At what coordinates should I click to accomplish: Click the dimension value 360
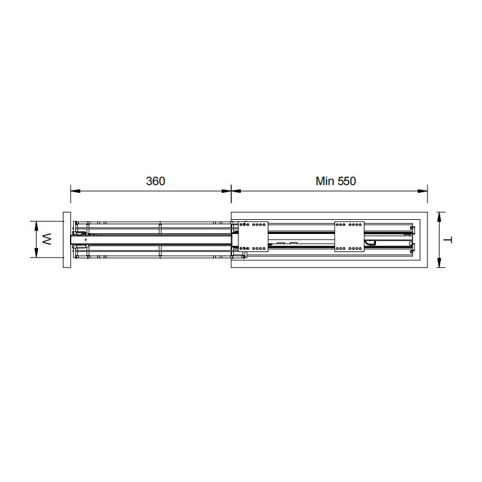156,181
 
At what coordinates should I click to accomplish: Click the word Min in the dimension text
325,181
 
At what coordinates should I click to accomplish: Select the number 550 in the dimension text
346,181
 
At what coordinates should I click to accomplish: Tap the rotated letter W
47,239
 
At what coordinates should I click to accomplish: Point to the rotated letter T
449,240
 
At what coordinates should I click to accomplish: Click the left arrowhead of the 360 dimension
75,191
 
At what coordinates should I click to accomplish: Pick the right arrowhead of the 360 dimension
227,191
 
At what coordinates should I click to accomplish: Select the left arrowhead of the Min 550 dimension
236,191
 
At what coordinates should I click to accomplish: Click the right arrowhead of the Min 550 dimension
423,191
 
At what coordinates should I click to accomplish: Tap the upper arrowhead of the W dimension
36,226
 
